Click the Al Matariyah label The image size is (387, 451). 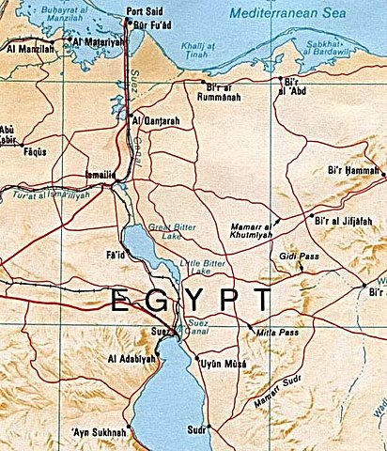click(x=98, y=43)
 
